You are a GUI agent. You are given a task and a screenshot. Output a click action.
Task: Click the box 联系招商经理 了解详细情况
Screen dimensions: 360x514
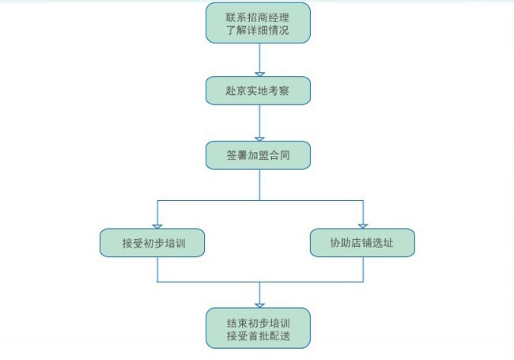coord(258,23)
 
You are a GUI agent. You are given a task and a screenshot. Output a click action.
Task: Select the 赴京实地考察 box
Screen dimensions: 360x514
coord(258,90)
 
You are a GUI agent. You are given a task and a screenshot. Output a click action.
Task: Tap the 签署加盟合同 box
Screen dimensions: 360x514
coord(258,155)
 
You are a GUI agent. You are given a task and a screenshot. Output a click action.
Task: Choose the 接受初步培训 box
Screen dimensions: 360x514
coord(153,242)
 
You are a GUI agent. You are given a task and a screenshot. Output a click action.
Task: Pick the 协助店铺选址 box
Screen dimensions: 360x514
coord(362,242)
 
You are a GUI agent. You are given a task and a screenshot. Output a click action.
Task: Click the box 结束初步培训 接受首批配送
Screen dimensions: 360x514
coord(258,328)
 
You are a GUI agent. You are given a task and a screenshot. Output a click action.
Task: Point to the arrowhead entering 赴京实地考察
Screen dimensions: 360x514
coord(259,74)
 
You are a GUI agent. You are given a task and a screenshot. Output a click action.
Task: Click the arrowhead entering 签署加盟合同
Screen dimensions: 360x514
coord(259,139)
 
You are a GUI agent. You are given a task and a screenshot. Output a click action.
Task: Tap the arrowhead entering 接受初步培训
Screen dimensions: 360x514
coord(157,226)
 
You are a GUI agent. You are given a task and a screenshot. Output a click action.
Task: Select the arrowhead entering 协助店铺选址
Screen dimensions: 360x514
coord(363,226)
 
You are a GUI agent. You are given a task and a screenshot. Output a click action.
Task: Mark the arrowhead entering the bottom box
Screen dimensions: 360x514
coord(259,305)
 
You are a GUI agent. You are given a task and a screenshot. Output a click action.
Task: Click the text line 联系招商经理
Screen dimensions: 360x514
coord(258,16)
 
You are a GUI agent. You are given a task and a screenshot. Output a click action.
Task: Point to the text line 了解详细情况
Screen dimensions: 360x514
coord(258,31)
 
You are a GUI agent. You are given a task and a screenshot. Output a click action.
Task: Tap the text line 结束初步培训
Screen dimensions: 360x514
coord(258,320)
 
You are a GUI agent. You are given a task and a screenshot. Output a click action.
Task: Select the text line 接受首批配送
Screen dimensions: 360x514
coord(258,335)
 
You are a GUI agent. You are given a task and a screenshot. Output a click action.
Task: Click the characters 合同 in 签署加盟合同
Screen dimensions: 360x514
coord(279,155)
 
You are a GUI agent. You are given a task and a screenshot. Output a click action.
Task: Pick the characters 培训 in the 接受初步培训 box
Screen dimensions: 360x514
coord(174,242)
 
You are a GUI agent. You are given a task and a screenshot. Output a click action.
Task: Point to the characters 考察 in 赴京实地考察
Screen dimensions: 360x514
coord(279,90)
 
